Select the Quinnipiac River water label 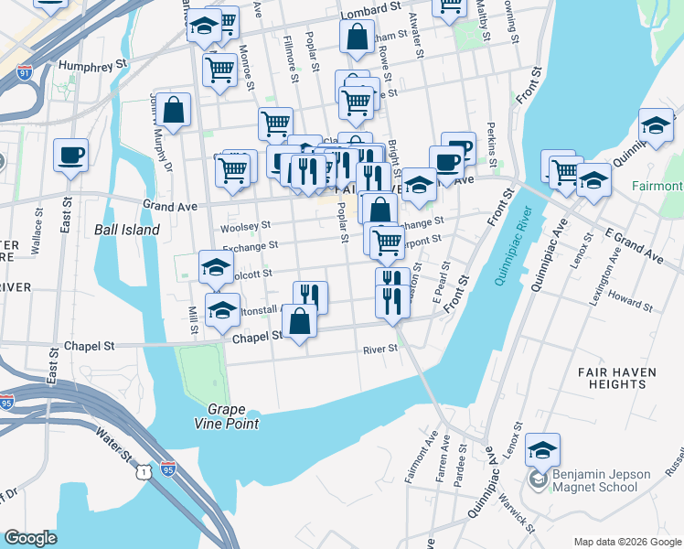tap(513, 246)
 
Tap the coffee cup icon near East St tap(70, 156)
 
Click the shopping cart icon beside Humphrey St tap(219, 69)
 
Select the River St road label tap(380, 349)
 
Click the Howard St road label tap(631, 301)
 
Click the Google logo tap(31, 538)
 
